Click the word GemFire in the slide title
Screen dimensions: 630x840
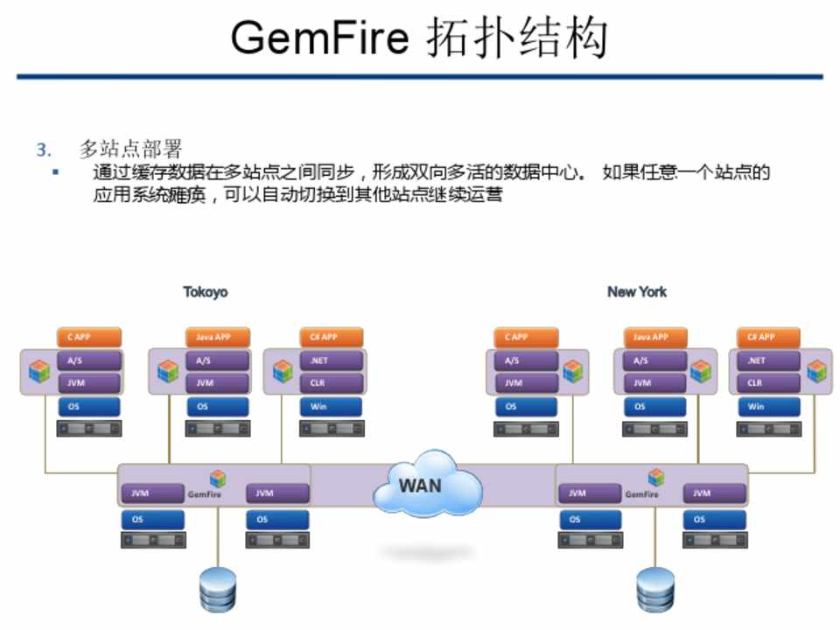(x=319, y=38)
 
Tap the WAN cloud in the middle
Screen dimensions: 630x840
(x=425, y=485)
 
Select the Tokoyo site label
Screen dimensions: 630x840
(x=206, y=292)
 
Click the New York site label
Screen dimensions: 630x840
(x=637, y=292)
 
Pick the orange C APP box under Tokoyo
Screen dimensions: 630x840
(x=88, y=337)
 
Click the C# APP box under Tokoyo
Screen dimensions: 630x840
(x=331, y=337)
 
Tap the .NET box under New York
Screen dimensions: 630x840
(x=768, y=360)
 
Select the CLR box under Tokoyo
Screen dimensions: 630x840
(x=331, y=382)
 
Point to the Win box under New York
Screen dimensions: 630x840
(x=768, y=406)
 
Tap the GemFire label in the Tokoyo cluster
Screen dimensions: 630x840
(x=206, y=494)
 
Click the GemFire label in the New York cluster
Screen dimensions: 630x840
(x=642, y=494)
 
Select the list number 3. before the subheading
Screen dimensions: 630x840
(x=44, y=150)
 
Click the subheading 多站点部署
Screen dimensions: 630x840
(x=130, y=149)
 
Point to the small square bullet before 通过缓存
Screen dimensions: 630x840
(x=55, y=171)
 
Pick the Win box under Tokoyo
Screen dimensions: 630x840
(x=331, y=406)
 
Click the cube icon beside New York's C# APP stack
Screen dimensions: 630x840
(x=817, y=371)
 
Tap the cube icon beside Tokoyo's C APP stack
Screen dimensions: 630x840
(x=39, y=371)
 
